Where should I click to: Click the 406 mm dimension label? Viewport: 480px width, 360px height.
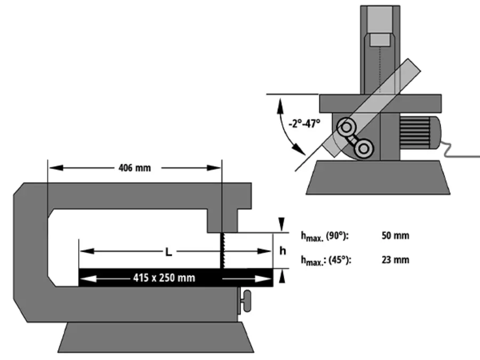click(x=134, y=168)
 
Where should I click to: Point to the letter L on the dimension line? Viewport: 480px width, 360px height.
click(x=168, y=252)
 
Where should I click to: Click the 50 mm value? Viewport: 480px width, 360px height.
click(x=396, y=236)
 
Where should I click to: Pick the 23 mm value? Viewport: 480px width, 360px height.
click(x=396, y=260)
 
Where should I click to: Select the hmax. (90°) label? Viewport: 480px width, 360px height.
click(x=325, y=236)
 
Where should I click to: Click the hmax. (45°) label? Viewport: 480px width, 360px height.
click(x=325, y=260)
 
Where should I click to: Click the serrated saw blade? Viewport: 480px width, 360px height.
click(x=221, y=251)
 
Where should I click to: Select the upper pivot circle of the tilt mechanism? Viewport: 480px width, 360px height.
click(x=346, y=127)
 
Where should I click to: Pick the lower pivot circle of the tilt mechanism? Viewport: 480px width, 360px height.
click(x=364, y=148)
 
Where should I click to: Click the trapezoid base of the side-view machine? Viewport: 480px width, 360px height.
click(x=155, y=338)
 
